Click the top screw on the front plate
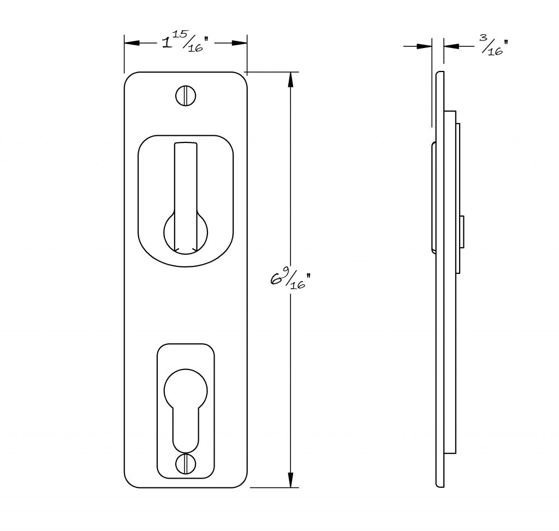click(186, 96)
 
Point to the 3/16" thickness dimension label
click(493, 45)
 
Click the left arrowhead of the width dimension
click(132, 43)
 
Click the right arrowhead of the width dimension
click(240, 43)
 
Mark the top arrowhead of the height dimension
click(290, 80)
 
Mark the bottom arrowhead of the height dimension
click(290, 480)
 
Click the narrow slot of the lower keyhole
click(186, 431)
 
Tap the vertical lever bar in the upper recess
click(186, 196)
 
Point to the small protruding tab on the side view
click(462, 231)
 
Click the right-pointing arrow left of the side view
click(425, 46)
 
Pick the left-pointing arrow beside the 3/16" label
click(451, 46)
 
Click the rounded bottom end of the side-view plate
click(440, 485)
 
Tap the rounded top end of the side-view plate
click(440, 74)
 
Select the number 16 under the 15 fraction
click(196, 48)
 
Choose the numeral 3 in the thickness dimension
click(484, 38)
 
